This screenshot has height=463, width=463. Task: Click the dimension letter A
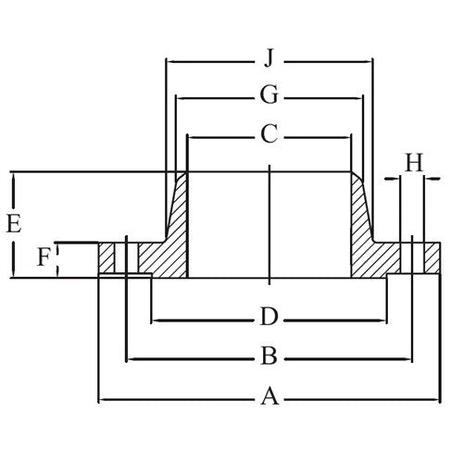pyautogui.click(x=269, y=397)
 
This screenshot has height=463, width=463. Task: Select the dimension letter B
pyautogui.click(x=269, y=357)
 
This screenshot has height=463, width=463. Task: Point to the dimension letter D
pyautogui.click(x=269, y=318)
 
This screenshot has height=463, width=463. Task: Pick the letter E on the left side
pyautogui.click(x=13, y=223)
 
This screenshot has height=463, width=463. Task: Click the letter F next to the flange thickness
pyautogui.click(x=43, y=258)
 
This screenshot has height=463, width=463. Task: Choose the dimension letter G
pyautogui.click(x=269, y=95)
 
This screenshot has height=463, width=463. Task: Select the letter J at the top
pyautogui.click(x=269, y=60)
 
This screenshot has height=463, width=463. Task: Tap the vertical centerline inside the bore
pyautogui.click(x=269, y=222)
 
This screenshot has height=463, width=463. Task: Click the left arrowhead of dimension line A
pyautogui.click(x=103, y=399)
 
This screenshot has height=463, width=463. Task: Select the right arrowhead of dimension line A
pyautogui.click(x=435, y=399)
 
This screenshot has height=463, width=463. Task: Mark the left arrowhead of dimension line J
pyautogui.click(x=169, y=61)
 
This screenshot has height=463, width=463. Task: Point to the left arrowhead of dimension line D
pyautogui.click(x=156, y=319)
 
